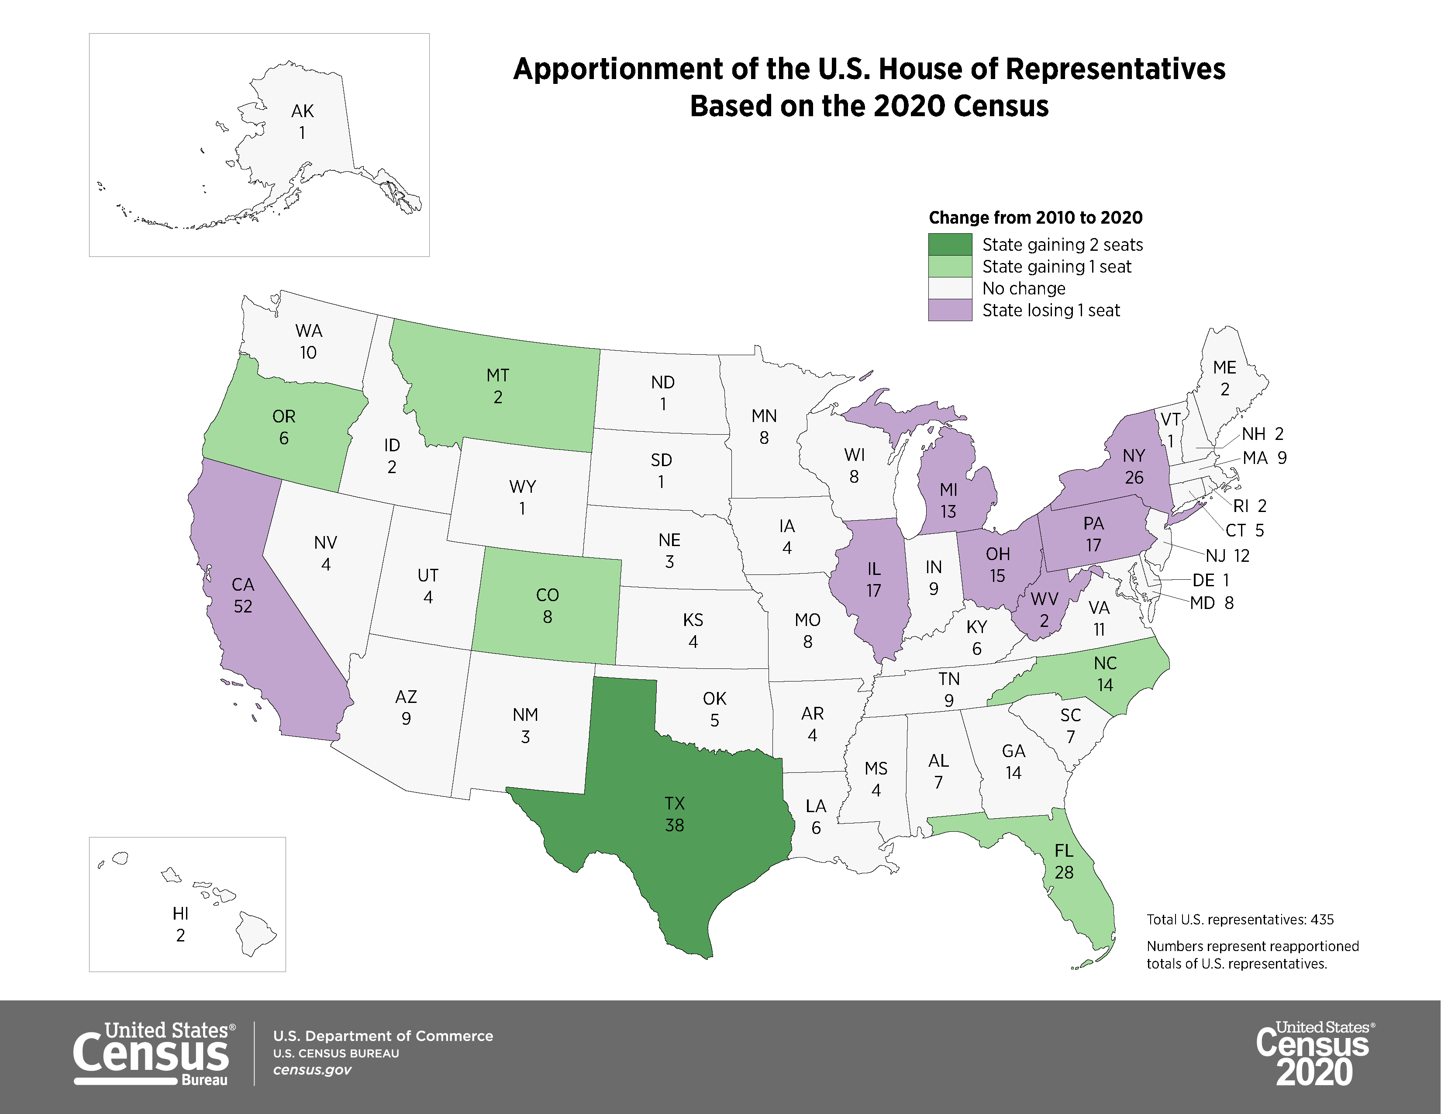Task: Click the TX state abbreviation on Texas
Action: pos(674,803)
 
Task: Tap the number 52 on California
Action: pos(243,606)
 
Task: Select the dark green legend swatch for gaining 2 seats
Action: pos(950,245)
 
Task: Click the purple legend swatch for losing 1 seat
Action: pos(950,310)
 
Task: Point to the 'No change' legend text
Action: pos(1024,288)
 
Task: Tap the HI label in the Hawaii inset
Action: pos(180,913)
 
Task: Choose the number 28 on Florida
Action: pos(1064,872)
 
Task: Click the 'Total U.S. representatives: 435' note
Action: pos(1240,919)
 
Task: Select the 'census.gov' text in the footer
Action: pos(312,1070)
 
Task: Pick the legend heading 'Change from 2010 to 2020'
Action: pos(1035,218)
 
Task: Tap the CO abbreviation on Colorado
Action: pos(547,595)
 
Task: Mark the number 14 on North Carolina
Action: pos(1105,685)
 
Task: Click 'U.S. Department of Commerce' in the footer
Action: pos(383,1036)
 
